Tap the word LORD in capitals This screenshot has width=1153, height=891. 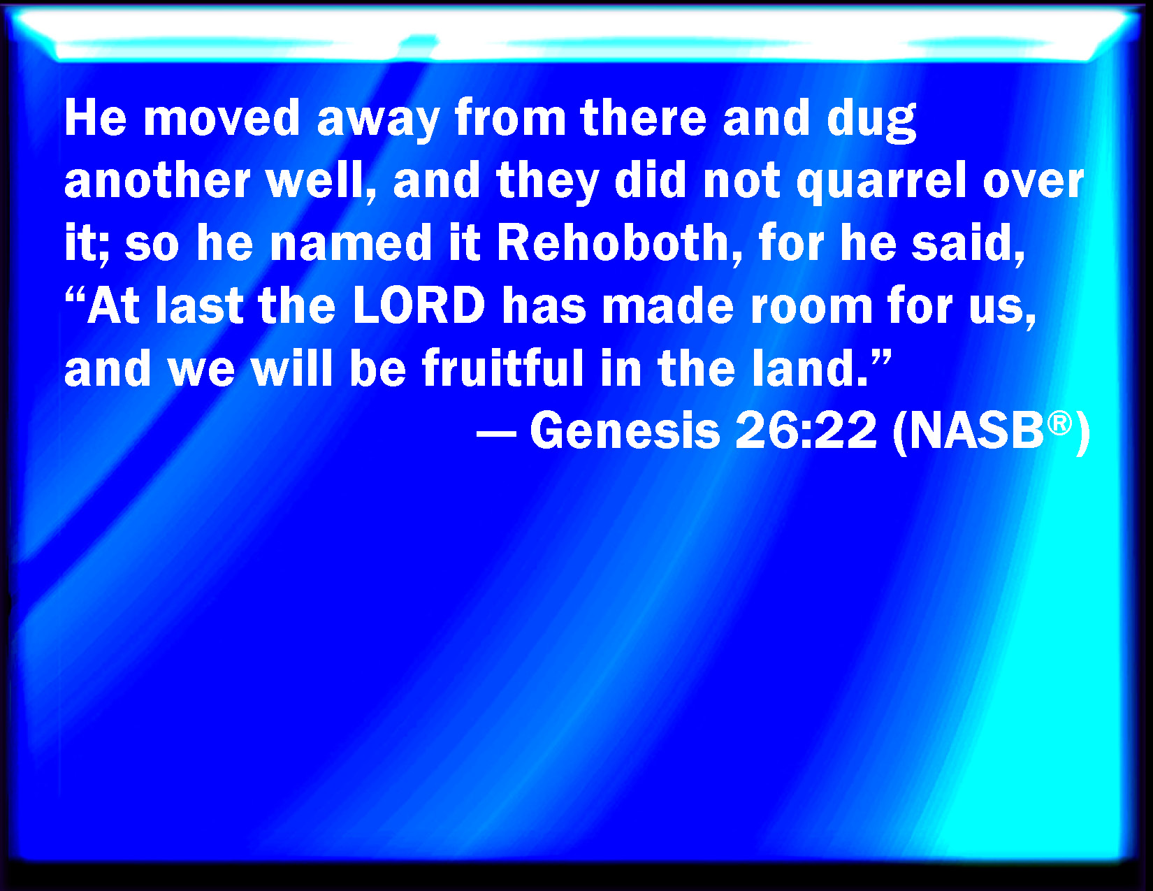click(419, 305)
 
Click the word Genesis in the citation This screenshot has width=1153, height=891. click(625, 430)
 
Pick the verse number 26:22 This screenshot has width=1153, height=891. click(806, 430)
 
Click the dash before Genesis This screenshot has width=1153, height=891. click(496, 433)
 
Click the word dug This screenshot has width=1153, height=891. click(871, 120)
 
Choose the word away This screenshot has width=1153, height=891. click(378, 122)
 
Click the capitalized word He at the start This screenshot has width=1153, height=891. click(96, 118)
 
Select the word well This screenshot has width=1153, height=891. click(321, 182)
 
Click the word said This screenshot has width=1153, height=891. click(967, 244)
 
